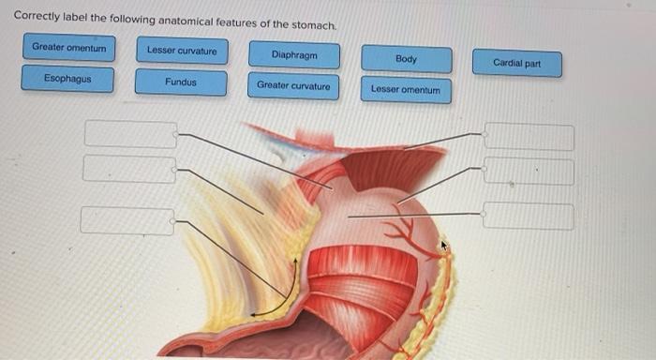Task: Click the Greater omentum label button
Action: tap(69, 47)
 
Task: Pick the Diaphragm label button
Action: tap(293, 55)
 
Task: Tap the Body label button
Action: tap(406, 59)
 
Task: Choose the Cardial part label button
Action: tap(517, 64)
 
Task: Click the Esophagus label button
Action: tap(68, 79)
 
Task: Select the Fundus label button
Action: tap(181, 82)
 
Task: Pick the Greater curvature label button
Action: tap(293, 86)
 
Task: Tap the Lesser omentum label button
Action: tap(405, 90)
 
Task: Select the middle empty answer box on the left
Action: tap(128, 169)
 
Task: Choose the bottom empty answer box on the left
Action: tap(127, 220)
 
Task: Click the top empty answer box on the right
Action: tap(529, 137)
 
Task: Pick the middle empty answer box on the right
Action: tap(529, 172)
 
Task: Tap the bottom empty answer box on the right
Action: tap(529, 217)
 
